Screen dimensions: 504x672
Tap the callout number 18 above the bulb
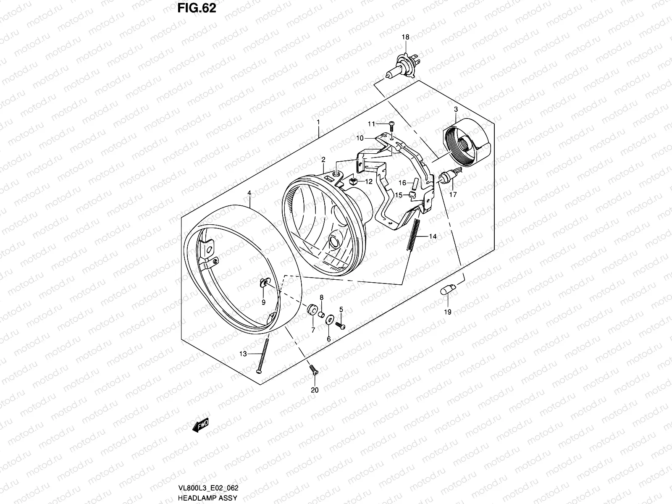[405, 37]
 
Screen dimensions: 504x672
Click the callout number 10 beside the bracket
[360, 138]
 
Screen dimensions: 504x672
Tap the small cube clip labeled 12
[353, 181]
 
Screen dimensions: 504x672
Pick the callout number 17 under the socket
[453, 194]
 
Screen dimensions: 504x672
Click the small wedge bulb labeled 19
[446, 290]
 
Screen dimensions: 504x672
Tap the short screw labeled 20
[313, 370]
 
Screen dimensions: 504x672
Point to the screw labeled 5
[341, 325]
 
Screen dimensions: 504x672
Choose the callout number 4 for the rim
[249, 193]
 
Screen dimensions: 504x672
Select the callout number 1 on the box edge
[318, 123]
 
